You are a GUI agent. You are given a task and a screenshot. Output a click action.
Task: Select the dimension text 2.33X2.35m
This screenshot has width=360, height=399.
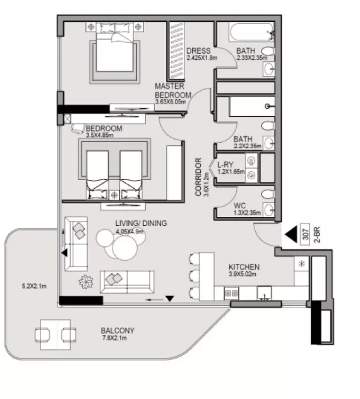[253, 58]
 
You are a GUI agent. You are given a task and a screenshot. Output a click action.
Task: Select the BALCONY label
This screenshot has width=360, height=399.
[117, 330]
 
